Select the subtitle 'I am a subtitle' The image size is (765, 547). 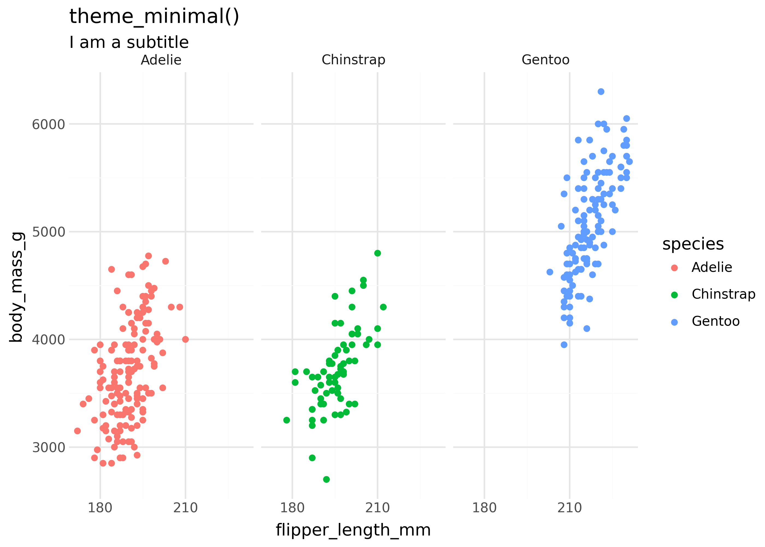pos(129,42)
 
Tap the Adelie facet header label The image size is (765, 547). pos(161,60)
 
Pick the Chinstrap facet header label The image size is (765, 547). pos(353,60)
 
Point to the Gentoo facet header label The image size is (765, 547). pos(545,60)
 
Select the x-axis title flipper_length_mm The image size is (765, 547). pos(353,530)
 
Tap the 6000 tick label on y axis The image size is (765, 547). pos(48,124)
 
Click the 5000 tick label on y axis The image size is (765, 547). pos(48,232)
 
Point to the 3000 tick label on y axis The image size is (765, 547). pos(48,448)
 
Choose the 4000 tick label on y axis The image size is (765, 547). pos(48,339)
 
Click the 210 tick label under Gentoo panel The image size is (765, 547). pos(570,508)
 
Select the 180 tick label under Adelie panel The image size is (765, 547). pos(100,508)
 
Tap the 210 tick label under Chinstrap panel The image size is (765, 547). pos(378,508)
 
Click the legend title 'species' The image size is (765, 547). pos(693,244)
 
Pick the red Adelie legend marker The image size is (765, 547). pos(674,268)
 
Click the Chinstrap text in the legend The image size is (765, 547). pos(723,294)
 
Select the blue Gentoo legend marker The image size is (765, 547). pos(674,322)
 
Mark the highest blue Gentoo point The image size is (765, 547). pos(601,92)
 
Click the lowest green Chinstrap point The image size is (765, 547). pos(326,479)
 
